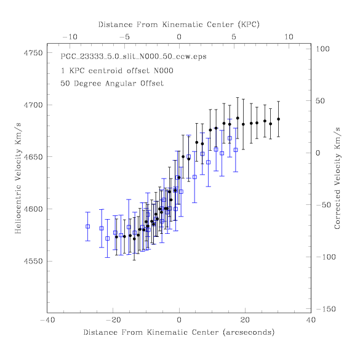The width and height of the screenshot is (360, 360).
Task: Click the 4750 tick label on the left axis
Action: [x=33, y=53]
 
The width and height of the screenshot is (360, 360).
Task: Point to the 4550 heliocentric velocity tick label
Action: [x=33, y=262]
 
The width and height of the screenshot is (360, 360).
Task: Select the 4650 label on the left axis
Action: [x=33, y=157]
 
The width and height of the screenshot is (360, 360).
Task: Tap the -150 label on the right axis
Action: [x=326, y=309]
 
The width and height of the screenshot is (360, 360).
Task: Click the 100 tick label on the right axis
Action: [x=322, y=49]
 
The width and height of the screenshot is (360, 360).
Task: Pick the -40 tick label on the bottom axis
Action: [x=47, y=320]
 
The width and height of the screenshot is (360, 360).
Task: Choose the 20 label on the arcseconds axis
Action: [x=245, y=320]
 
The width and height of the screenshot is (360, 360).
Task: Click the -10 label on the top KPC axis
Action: [x=70, y=37]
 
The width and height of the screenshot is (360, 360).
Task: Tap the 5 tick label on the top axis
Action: [x=234, y=37]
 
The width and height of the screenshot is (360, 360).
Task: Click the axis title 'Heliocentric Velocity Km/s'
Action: [x=18, y=178]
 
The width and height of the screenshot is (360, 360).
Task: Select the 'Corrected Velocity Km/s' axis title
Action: [x=337, y=178]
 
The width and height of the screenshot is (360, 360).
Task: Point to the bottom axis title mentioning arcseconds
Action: [x=179, y=332]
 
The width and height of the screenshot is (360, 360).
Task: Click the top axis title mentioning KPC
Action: [x=179, y=25]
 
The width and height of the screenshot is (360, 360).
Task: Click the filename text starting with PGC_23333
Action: [x=134, y=57]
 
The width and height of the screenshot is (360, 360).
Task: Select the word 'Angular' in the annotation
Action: [x=121, y=84]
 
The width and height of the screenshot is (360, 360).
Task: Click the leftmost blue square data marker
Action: [x=88, y=226]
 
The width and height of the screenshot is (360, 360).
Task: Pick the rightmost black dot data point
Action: [x=279, y=119]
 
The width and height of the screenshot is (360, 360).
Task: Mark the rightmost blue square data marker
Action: [x=236, y=150]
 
